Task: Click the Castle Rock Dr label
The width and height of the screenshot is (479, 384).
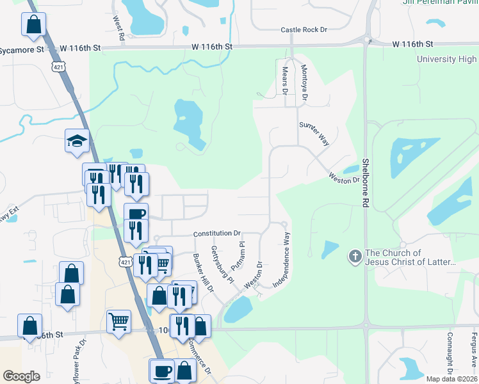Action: [304, 30]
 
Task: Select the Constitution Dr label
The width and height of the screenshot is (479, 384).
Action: [216, 234]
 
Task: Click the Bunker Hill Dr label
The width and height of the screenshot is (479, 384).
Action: [203, 273]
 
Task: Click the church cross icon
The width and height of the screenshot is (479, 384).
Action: [354, 257]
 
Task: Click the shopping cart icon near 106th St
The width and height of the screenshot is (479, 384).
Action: [118, 321]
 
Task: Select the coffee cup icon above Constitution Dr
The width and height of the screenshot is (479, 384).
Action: [136, 214]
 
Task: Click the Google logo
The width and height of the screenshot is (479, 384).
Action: [21, 376]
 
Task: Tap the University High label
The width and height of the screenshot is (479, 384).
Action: [446, 60]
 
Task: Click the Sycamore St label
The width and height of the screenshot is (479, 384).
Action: [21, 49]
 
